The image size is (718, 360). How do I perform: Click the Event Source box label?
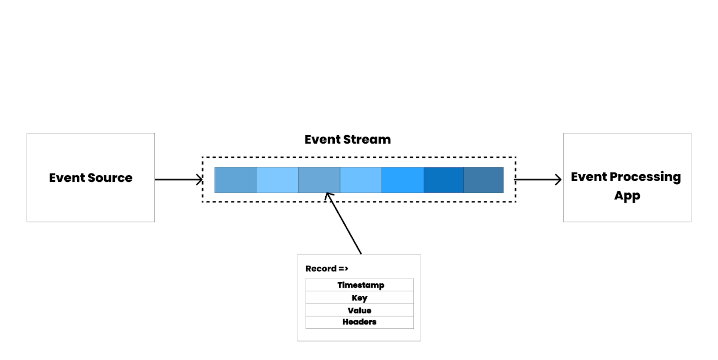point(90,178)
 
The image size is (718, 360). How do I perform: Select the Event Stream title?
point(347,139)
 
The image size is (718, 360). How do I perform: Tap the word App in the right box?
point(627,196)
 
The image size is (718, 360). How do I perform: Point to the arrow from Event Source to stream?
point(178,179)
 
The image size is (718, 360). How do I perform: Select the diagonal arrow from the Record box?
point(344,224)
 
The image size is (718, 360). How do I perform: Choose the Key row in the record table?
point(360,298)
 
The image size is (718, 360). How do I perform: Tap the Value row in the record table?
point(360,310)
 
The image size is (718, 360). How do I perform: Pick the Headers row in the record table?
point(360,322)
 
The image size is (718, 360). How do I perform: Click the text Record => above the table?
point(326,268)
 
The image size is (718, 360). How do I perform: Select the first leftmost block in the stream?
point(235,180)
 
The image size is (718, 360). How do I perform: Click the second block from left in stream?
point(277,180)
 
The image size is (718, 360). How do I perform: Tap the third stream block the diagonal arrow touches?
point(319,180)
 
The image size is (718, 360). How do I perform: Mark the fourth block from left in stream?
point(361,180)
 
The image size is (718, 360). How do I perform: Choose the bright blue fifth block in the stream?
point(403,180)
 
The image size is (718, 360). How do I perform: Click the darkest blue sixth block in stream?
point(444,180)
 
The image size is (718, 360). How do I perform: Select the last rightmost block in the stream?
point(484,180)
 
